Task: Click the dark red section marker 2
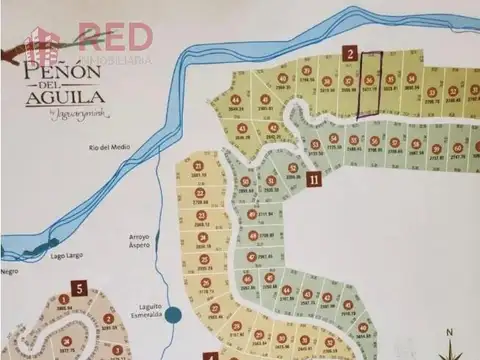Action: [351, 53]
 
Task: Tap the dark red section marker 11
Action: [314, 180]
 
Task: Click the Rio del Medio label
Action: [111, 148]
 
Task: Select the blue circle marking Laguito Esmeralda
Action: [173, 314]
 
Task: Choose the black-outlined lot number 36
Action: [369, 81]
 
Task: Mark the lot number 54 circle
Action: [333, 139]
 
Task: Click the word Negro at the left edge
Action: [9, 270]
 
